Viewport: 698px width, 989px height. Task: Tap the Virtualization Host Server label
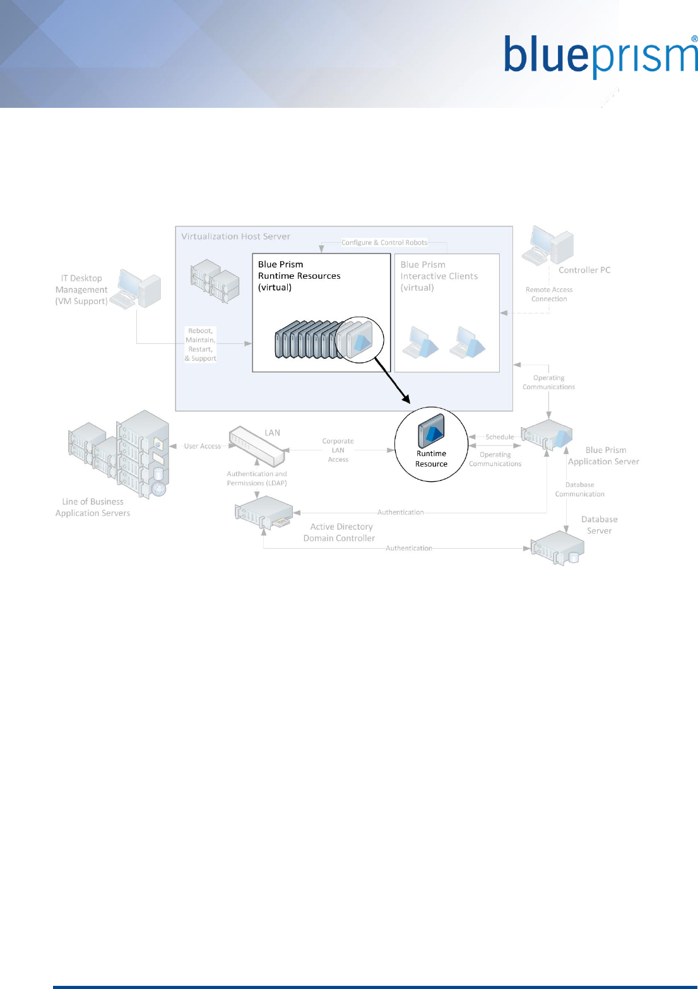pyautogui.click(x=235, y=237)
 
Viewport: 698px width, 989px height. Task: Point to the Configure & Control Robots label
pyautogui.click(x=384, y=242)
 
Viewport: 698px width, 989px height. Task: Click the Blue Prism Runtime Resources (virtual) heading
pyautogui.click(x=299, y=276)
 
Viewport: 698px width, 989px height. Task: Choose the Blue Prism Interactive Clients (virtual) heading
pyautogui.click(x=439, y=276)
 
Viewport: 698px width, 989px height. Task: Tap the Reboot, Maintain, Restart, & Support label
pyautogui.click(x=201, y=344)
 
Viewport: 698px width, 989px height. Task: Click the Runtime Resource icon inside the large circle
pyautogui.click(x=432, y=430)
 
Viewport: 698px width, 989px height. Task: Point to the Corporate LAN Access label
pyautogui.click(x=338, y=450)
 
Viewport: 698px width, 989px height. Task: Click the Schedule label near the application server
pyautogui.click(x=499, y=436)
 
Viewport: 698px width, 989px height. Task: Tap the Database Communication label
pyautogui.click(x=579, y=489)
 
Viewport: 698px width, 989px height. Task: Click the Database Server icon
pyautogui.click(x=557, y=547)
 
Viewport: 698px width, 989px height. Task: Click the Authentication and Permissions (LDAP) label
pyautogui.click(x=257, y=479)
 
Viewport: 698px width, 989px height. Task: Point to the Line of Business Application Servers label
pyautogui.click(x=93, y=507)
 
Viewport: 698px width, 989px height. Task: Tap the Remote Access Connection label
pyautogui.click(x=549, y=295)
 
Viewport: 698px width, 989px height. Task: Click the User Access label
pyautogui.click(x=203, y=446)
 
